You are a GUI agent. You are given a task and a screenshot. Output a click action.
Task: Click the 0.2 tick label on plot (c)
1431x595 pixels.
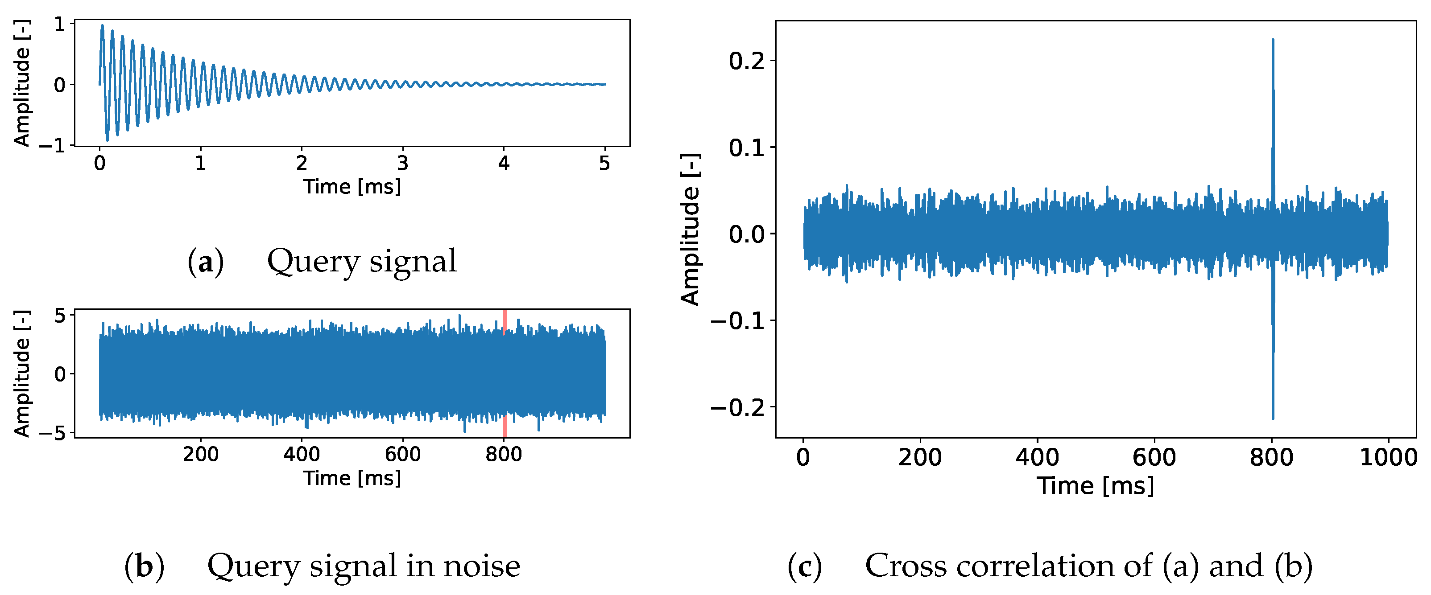pos(747,61)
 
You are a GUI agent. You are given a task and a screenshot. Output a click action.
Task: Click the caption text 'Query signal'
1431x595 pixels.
pos(362,261)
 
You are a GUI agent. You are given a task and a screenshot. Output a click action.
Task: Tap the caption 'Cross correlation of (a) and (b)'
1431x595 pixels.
pos(1088,566)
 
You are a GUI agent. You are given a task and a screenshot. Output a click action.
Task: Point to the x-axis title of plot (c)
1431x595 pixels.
pos(1096,486)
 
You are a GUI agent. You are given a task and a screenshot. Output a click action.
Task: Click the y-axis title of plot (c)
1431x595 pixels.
pos(691,230)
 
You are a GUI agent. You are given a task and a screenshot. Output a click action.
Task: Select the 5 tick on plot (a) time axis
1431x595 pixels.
pos(604,163)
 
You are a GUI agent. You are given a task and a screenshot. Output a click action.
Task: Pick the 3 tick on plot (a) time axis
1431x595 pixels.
pos(403,163)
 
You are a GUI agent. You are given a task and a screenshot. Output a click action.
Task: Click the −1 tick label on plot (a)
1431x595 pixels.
pos(52,146)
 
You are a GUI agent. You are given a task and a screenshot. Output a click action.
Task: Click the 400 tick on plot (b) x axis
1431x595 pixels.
pos(302,455)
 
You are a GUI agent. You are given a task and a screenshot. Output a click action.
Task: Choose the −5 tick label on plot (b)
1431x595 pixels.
pos(52,434)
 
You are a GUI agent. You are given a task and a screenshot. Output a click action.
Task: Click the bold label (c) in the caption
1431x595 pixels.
pos(804,566)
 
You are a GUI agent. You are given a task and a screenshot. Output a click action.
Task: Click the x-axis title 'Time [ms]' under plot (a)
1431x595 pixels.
pos(352,186)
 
